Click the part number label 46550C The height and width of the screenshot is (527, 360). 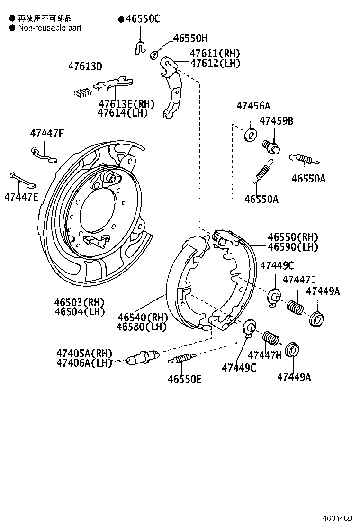click(142, 19)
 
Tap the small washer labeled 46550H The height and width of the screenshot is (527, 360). click(154, 55)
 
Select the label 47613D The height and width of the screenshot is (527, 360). click(85, 66)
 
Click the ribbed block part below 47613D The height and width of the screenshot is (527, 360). click(82, 91)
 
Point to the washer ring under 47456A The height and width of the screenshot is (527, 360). click(251, 135)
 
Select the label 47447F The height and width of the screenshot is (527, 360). click(46, 133)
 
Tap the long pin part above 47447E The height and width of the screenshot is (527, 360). click(22, 180)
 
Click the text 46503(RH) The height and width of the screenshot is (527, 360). click(79, 302)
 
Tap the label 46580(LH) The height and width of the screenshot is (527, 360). click(142, 327)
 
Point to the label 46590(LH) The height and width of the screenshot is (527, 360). click(293, 246)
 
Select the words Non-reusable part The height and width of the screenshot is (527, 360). click(50, 28)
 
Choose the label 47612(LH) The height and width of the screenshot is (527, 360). click(215, 63)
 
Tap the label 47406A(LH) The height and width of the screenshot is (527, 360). click(83, 363)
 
